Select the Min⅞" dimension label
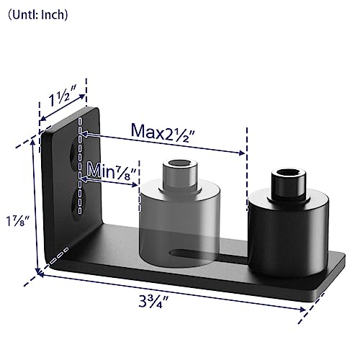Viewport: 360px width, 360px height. (109, 170)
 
